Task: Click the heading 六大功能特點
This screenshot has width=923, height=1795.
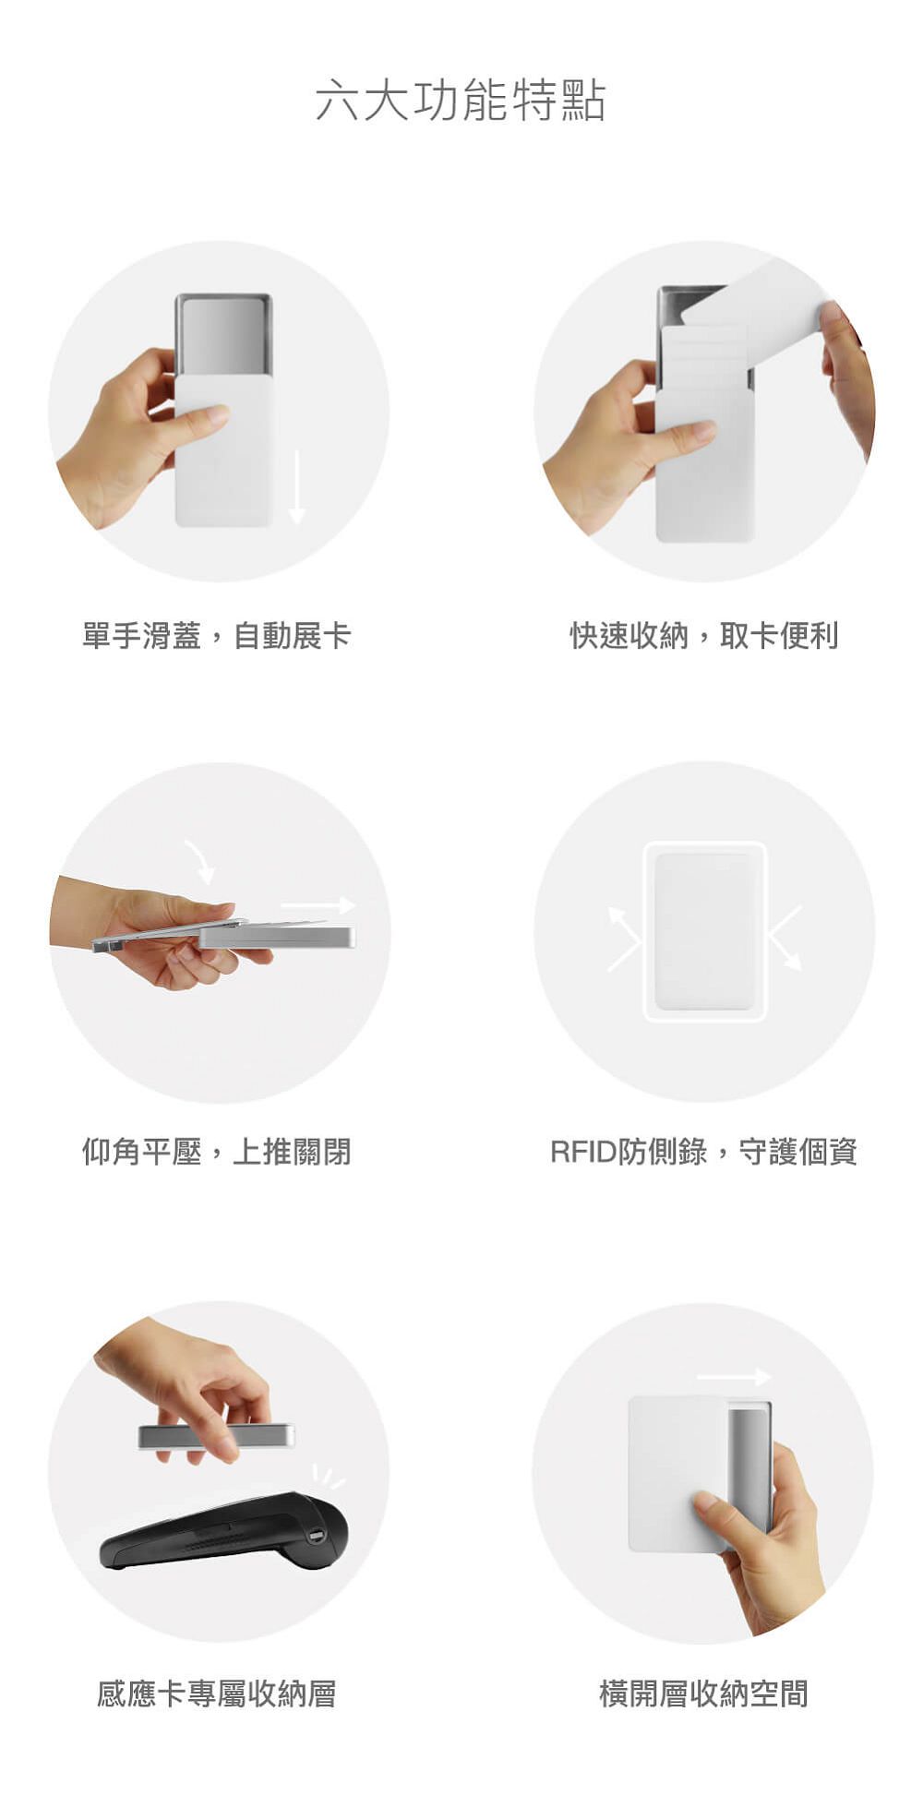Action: [460, 100]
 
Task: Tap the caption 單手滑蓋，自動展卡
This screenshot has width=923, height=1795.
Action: [216, 636]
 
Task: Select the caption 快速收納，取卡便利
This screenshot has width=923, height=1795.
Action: [703, 636]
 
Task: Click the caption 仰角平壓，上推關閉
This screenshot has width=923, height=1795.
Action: [216, 1151]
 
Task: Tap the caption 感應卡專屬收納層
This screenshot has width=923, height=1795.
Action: [216, 1693]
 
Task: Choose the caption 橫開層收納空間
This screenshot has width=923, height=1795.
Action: [703, 1693]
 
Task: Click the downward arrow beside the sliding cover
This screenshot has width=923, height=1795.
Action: [296, 487]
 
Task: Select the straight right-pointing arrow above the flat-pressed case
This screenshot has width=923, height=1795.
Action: [318, 904]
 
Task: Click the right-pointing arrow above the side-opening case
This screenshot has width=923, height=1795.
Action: [734, 1377]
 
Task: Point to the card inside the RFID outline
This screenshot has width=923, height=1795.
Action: [705, 931]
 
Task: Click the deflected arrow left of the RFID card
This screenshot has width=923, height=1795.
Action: [624, 939]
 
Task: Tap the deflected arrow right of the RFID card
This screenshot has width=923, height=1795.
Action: [785, 938]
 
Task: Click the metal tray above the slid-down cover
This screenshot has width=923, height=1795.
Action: [223, 334]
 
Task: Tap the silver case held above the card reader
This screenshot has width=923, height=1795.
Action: [216, 1436]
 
